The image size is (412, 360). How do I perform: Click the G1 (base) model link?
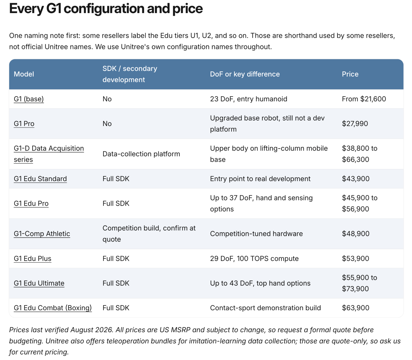pos(29,99)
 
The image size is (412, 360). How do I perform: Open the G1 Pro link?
pos(24,124)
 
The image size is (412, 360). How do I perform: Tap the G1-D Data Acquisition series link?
pos(49,154)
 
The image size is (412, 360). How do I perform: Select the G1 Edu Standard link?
pos(40,179)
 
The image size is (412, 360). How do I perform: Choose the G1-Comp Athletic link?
pos(42,234)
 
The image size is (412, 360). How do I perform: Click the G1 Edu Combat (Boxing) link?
pos(53,308)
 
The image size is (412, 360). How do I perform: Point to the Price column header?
pos(350,74)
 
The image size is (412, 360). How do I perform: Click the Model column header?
pos(24,74)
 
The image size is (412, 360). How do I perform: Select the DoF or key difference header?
pos(245,74)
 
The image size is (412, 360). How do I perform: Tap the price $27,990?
pos(355,124)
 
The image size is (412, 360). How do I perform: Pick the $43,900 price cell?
pos(356,179)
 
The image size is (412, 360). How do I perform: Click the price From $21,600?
pos(364,99)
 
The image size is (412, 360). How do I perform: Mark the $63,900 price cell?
pos(356,308)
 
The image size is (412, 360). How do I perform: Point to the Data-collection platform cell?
pos(141,154)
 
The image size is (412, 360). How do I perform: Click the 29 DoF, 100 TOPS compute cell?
pos(254,258)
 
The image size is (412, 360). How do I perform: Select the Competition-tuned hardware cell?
pos(256,234)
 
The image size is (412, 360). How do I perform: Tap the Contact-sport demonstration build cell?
pos(265,308)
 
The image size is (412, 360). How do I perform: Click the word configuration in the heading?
pos(104,9)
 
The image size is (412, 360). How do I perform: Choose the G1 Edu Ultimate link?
pos(39,283)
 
